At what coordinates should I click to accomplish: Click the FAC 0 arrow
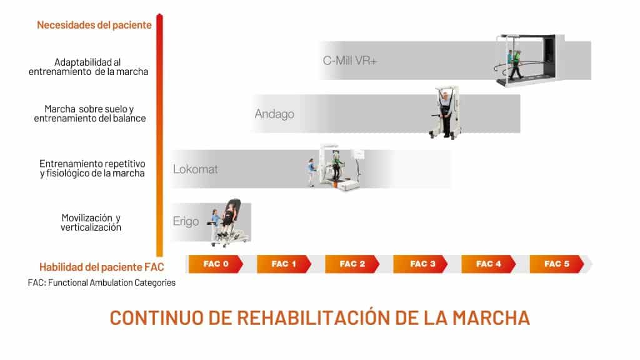pyautogui.click(x=216, y=264)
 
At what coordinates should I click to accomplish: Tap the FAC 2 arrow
pyautogui.click(x=352, y=264)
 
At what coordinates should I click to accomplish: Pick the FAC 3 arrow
pyautogui.click(x=422, y=264)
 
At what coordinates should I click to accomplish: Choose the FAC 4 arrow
pyautogui.click(x=489, y=264)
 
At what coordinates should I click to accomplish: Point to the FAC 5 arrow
pyautogui.click(x=557, y=264)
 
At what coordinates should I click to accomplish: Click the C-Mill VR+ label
pyautogui.click(x=350, y=61)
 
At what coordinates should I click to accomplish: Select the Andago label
pyautogui.click(x=274, y=114)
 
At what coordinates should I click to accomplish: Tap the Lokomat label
pyautogui.click(x=196, y=169)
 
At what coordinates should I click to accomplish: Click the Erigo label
pyautogui.click(x=186, y=221)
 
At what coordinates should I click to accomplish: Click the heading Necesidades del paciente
pyautogui.click(x=94, y=25)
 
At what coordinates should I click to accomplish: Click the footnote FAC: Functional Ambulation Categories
pyautogui.click(x=102, y=282)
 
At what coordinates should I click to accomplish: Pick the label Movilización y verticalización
pyautogui.click(x=91, y=222)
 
